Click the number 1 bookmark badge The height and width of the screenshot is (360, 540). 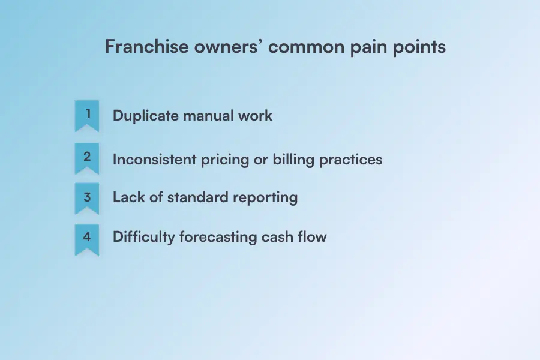point(87,115)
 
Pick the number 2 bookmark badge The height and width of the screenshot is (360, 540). point(87,158)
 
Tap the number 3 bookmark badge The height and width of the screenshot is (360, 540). point(87,197)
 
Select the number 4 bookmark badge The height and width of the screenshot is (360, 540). point(87,237)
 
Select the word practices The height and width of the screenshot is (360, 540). point(350,160)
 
